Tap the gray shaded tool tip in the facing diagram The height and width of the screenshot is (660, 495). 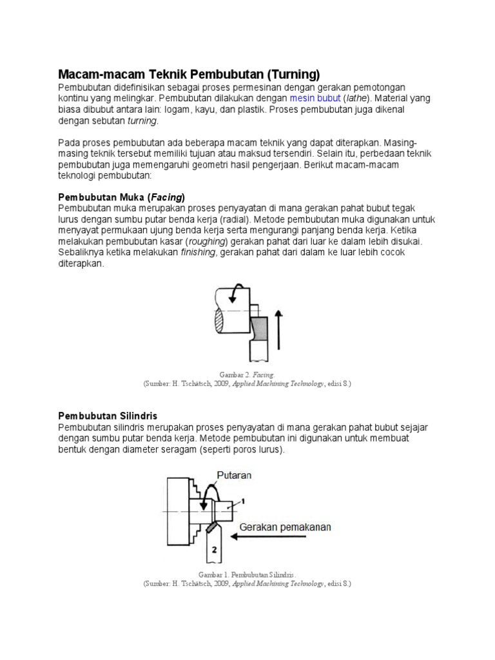[x=260, y=329]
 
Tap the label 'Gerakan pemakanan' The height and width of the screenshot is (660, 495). [x=286, y=527]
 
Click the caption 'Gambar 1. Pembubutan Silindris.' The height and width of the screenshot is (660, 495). [x=247, y=574]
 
